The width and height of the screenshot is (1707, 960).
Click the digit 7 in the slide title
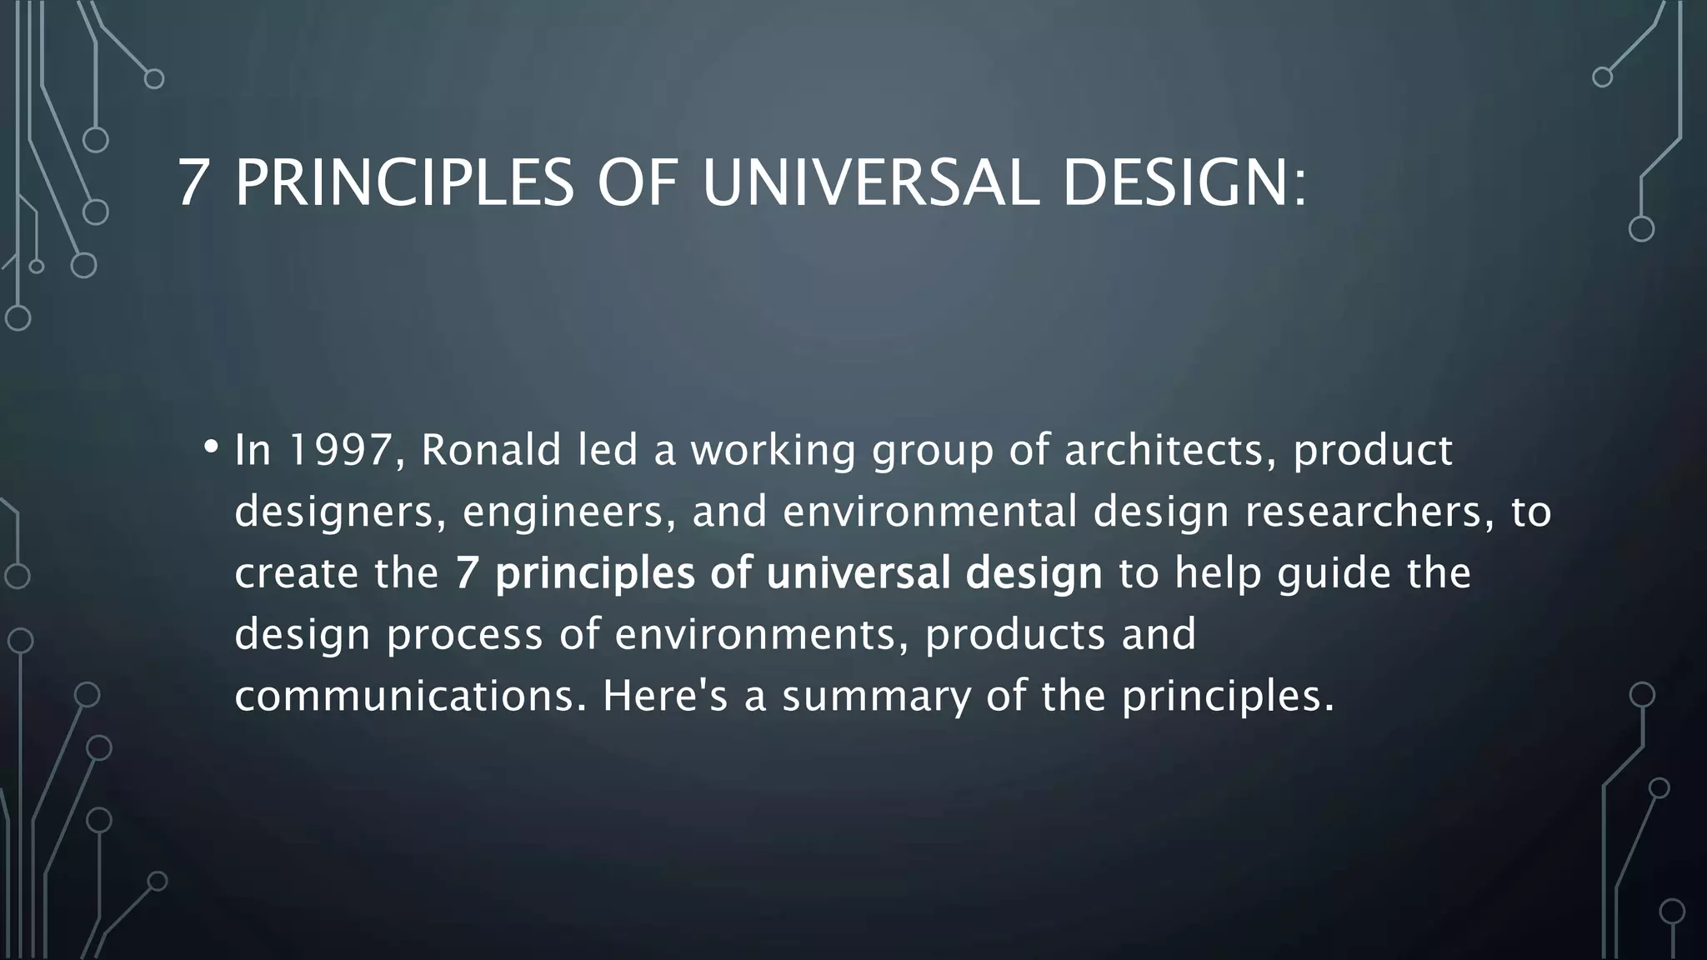coord(193,182)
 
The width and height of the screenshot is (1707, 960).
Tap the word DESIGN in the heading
coord(1175,182)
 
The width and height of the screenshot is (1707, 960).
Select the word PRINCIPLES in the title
coord(404,182)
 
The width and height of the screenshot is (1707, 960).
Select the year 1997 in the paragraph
coord(340,451)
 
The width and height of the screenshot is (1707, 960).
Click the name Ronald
coord(491,451)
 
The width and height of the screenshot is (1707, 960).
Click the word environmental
coord(930,511)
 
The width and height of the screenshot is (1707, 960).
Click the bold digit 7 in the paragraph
coord(467,573)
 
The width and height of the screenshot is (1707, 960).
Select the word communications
coord(404,696)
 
